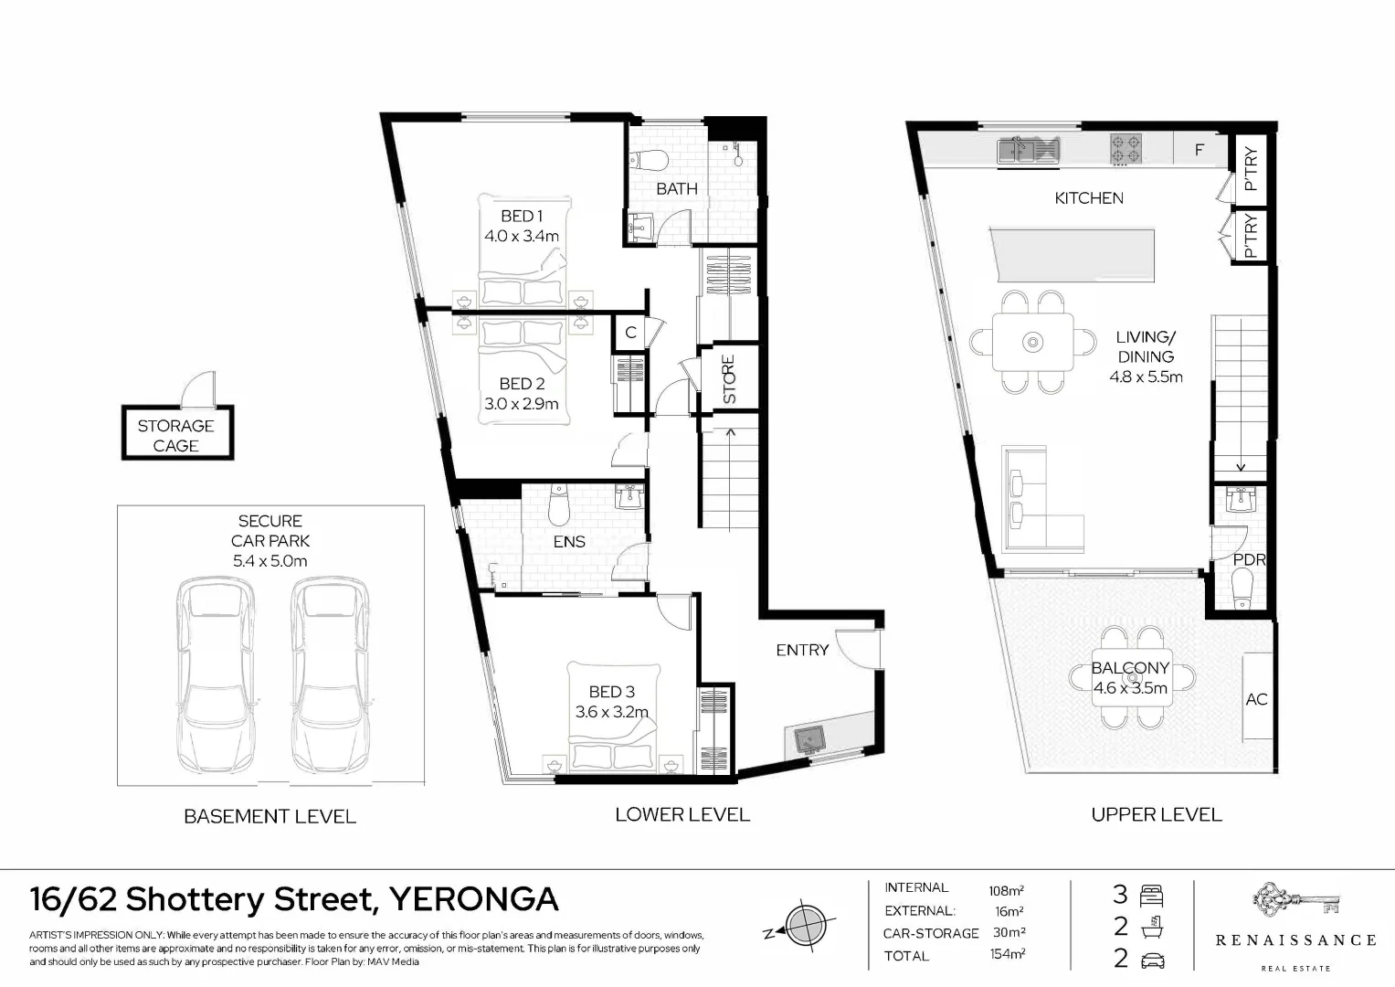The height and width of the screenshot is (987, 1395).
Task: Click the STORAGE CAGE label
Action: coord(175,435)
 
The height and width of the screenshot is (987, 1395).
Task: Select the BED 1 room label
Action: coord(522,216)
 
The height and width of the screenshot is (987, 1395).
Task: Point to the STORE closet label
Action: coord(729,378)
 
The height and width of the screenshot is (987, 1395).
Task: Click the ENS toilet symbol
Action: coord(558,504)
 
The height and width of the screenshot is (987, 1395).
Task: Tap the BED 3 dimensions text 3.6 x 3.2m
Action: coord(611,712)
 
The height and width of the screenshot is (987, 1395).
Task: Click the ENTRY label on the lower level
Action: coord(801,650)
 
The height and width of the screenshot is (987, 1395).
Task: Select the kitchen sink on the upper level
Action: coord(1028,148)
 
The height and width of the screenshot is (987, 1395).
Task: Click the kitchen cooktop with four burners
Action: coord(1126,149)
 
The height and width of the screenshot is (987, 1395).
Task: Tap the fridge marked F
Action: coord(1199,150)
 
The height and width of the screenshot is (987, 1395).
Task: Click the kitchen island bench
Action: coord(1072,256)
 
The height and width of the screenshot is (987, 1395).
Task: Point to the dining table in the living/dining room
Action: coord(1032,342)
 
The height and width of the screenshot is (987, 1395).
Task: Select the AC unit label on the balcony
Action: coord(1256,699)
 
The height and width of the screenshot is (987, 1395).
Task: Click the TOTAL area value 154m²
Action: coord(1007,955)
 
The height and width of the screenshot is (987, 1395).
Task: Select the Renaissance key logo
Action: coord(1295,903)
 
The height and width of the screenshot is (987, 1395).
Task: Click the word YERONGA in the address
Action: coord(473,899)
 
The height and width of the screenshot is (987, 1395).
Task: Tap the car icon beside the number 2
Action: coord(1152,960)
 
